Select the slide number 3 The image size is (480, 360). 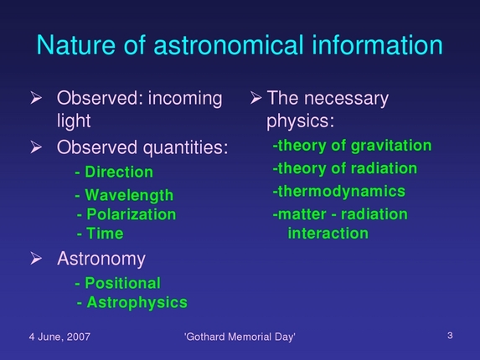point(450,336)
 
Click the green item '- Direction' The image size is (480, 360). point(114,172)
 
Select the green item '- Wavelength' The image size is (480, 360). point(124,195)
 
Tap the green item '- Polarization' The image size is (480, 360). point(126,214)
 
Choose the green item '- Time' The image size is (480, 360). point(100,234)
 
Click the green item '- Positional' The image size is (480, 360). point(117,283)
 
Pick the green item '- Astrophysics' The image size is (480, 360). point(132,301)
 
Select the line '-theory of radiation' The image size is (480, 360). point(344,169)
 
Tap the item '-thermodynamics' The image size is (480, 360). point(338,192)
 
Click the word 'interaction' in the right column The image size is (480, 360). point(328,233)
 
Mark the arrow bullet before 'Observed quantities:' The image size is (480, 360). point(36,148)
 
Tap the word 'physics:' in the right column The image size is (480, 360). point(301,121)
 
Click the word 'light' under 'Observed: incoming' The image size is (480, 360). point(74,121)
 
